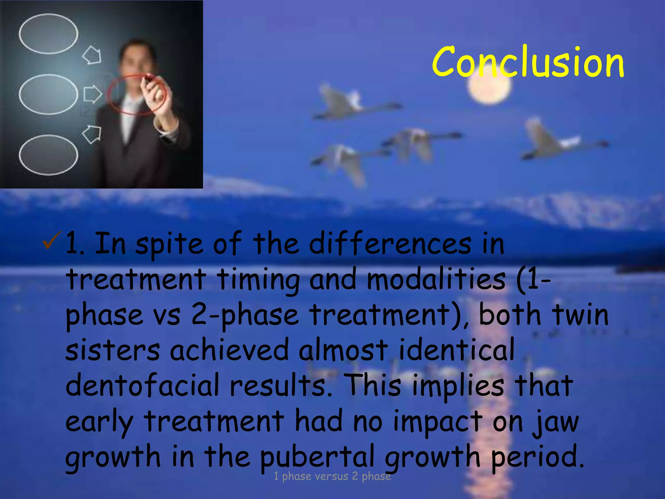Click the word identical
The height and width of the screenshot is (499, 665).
point(456,350)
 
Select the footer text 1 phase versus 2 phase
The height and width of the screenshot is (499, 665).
point(332,476)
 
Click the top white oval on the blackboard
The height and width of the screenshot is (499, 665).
point(48,34)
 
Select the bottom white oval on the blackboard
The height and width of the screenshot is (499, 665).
point(48,155)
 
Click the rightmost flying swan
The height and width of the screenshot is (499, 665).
point(558,140)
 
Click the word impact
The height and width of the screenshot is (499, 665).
point(437,422)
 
